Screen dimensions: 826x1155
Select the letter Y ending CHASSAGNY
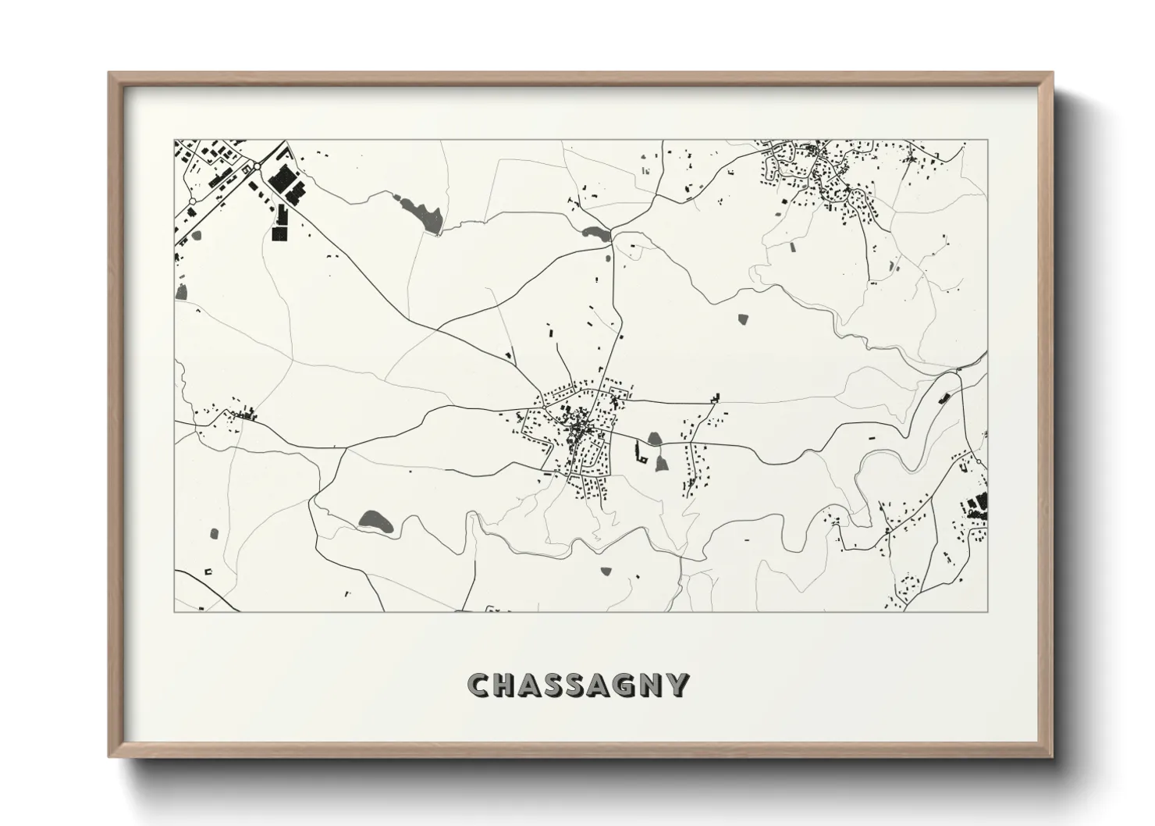[679, 685]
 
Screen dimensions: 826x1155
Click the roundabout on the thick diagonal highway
[256, 166]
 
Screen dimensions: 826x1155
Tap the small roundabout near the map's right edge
[979, 461]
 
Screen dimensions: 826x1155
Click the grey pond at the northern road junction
[594, 232]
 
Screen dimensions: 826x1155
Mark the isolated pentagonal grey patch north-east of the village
[741, 319]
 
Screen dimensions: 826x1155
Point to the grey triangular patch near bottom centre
[605, 571]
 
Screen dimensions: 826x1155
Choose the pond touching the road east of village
[654, 439]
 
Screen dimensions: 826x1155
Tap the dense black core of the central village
[579, 429]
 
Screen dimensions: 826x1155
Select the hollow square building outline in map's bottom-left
[208, 571]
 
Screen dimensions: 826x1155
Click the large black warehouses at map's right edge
[976, 504]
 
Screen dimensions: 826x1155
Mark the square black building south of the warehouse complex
[279, 232]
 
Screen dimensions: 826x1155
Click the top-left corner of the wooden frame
[109, 73]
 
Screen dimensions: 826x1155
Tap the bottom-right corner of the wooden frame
[1052, 757]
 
